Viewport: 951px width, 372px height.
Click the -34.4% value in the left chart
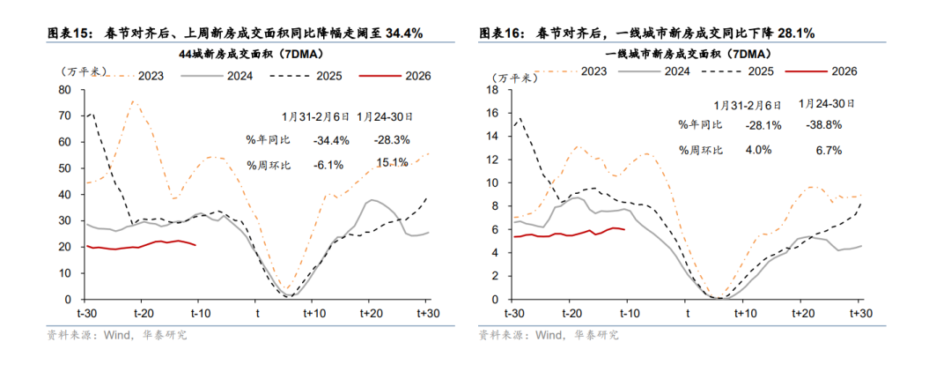click(331, 139)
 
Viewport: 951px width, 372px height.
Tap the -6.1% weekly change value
click(331, 163)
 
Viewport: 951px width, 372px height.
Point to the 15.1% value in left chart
click(392, 163)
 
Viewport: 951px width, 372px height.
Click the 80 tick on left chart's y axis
click(64, 89)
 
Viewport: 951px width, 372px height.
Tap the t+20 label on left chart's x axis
click(371, 313)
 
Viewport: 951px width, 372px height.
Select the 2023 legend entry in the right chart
click(593, 71)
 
